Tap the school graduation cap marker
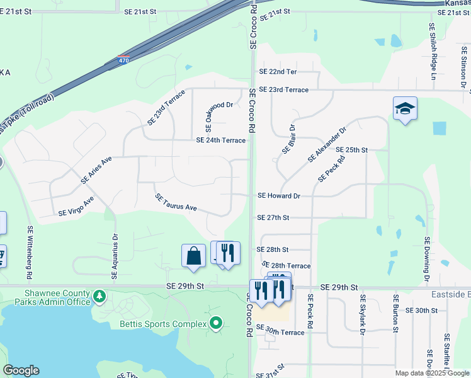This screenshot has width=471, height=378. [x=405, y=108]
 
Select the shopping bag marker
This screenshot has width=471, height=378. [x=193, y=256]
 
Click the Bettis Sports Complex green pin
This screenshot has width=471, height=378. [x=216, y=324]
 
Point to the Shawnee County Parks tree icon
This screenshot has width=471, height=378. [x=98, y=295]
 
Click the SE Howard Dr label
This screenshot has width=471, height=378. [x=278, y=196]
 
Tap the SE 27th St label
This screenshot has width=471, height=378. [x=273, y=217]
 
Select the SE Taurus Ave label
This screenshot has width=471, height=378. [x=176, y=202]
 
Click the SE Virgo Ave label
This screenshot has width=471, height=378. [x=76, y=206]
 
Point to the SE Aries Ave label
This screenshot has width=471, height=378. [x=96, y=170]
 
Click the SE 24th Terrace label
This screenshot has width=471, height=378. [x=220, y=140]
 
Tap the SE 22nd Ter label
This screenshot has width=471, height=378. [x=278, y=72]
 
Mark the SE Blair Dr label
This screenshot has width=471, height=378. [x=288, y=137]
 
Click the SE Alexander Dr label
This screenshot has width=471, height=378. [x=327, y=145]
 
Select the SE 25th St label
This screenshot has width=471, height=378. [x=351, y=150]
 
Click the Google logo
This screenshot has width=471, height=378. [x=21, y=370]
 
